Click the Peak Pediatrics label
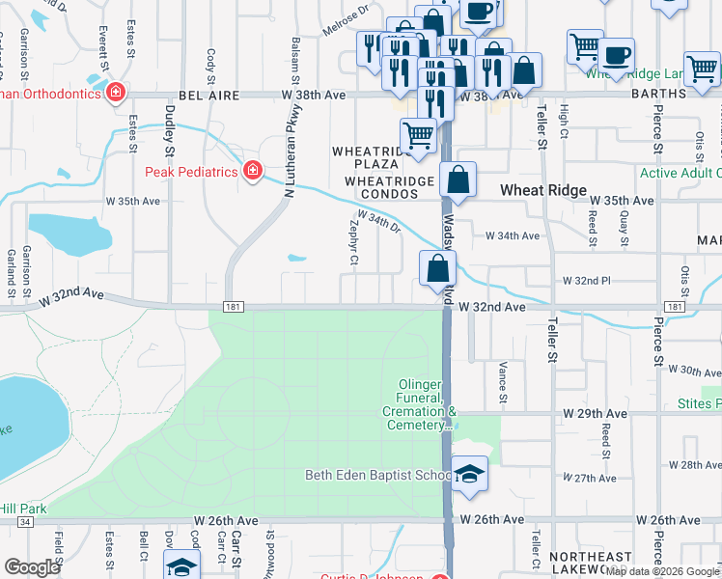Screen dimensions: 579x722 (x=191, y=172)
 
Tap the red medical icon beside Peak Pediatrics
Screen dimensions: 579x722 (x=253, y=171)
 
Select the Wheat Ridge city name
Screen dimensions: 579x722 (x=542, y=191)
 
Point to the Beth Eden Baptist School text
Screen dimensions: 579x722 (x=378, y=475)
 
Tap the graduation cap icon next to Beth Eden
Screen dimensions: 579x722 (x=469, y=474)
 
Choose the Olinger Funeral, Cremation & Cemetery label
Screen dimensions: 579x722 (x=422, y=404)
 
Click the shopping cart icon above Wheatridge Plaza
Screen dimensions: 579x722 (x=417, y=133)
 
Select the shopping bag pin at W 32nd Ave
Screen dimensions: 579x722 (x=437, y=268)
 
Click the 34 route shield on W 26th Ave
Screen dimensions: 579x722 (x=24, y=521)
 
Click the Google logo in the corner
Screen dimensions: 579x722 (x=32, y=567)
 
